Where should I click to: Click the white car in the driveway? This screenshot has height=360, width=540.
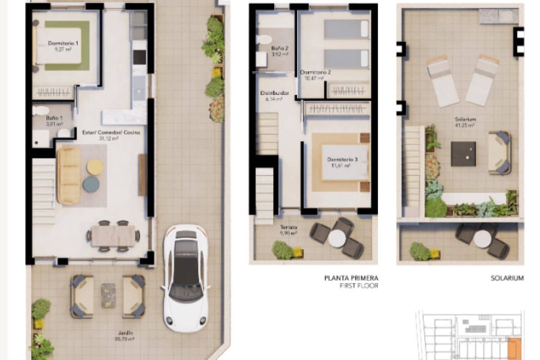185,278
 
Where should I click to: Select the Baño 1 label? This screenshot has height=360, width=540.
54,120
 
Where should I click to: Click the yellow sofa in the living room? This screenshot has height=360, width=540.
69,175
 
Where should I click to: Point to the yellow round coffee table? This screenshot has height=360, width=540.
95,167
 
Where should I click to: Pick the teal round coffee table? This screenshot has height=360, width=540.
91,184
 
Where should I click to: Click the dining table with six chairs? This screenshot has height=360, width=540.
113,235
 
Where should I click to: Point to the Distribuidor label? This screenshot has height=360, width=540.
274,96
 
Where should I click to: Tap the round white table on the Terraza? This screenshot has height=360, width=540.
337,238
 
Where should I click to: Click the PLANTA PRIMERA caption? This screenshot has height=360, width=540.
351,278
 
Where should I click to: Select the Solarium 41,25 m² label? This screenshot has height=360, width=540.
465,122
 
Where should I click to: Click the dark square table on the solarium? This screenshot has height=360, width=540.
463,153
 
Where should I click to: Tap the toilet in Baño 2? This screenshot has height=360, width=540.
264,39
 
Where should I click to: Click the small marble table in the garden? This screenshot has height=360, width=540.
108,295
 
